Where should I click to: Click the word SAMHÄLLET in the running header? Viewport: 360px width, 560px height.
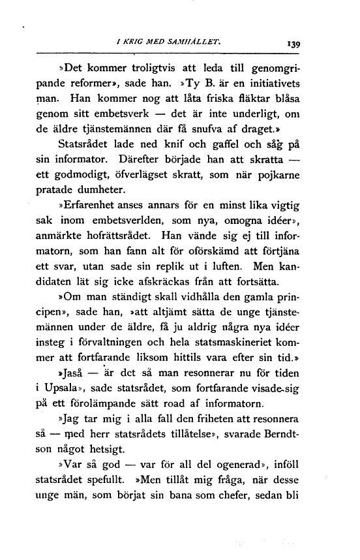coord(198,44)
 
